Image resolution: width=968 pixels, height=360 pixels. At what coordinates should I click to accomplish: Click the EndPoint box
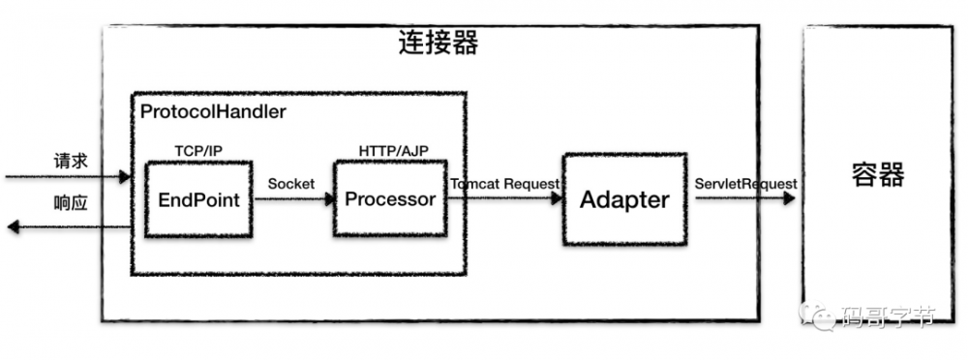[x=198, y=199]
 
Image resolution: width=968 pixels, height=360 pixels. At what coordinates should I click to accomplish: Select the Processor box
[x=390, y=199]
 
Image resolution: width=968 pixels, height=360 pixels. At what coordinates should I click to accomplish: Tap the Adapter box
[x=624, y=199]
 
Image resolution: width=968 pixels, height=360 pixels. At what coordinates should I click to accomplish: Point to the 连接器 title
[x=439, y=44]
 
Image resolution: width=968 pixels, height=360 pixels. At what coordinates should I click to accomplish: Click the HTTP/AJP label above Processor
[x=391, y=152]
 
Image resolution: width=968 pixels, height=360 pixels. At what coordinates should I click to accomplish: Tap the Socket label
[x=291, y=183]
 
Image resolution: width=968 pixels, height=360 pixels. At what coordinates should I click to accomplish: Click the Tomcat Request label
[x=504, y=183]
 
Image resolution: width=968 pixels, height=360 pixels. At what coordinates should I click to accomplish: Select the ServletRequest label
[x=745, y=183]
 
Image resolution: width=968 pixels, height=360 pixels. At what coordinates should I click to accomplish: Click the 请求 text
[x=71, y=161]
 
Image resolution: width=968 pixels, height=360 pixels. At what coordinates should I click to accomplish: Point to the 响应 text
[x=71, y=203]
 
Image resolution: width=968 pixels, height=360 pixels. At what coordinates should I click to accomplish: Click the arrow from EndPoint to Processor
[x=293, y=200]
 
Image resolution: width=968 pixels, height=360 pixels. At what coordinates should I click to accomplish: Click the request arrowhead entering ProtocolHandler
[x=124, y=177]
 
